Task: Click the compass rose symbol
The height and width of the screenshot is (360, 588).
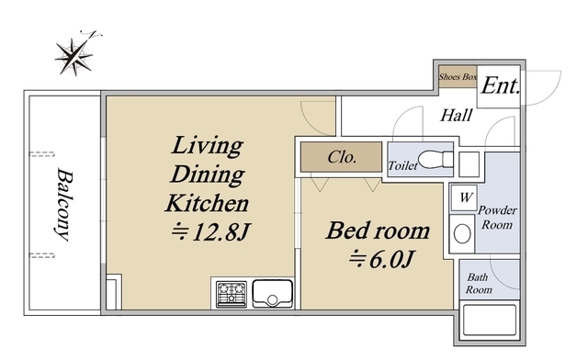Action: pos(74,56)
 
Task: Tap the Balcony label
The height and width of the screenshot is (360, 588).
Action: pos(64,205)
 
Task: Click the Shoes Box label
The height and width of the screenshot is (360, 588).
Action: pos(458,77)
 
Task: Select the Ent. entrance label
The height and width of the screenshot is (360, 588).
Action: pos(501,86)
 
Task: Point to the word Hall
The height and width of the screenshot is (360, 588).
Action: pos(456,115)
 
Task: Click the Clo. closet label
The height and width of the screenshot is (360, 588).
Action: pos(342,157)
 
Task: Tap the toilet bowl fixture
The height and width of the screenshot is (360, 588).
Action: pos(435,159)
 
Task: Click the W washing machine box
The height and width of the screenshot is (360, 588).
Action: pos(464,197)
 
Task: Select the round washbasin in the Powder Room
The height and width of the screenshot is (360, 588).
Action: pos(462,233)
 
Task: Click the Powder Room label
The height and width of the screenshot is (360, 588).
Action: pos(497,218)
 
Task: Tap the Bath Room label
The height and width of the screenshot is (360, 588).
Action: pos(479,284)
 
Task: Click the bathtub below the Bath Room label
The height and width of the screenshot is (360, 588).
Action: pos(490,321)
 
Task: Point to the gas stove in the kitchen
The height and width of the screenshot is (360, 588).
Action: pos(232,294)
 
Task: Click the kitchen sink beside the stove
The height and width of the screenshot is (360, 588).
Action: pos(273,294)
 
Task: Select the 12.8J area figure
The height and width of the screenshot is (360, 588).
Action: pos(210,232)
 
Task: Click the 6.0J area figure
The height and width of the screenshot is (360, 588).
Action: pos(382,259)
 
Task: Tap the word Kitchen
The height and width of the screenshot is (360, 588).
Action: pos(207,203)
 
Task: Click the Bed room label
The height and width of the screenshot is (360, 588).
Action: pos(378,231)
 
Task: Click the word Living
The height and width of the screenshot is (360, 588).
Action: pos(207,146)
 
